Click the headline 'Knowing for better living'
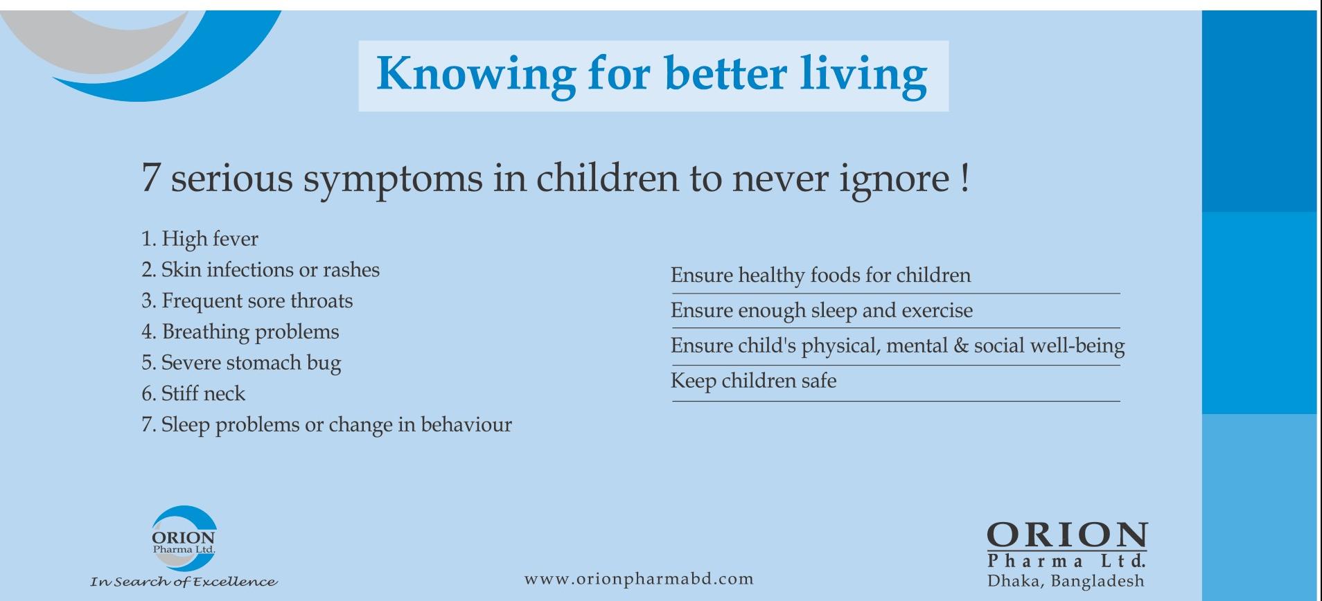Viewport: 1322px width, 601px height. click(x=651, y=75)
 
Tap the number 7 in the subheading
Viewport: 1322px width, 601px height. click(x=150, y=178)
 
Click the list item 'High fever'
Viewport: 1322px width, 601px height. click(x=209, y=239)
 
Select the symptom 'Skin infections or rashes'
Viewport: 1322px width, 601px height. click(x=270, y=269)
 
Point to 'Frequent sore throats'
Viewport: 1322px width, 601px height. click(x=257, y=300)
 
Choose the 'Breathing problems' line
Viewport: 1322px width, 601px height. click(x=250, y=332)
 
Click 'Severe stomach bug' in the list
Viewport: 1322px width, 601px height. click(x=251, y=363)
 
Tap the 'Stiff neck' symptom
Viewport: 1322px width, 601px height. click(x=203, y=393)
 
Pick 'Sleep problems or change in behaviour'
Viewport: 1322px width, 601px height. click(x=336, y=424)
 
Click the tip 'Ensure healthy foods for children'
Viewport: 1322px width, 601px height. click(x=820, y=276)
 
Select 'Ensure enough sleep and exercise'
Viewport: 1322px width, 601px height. click(x=822, y=311)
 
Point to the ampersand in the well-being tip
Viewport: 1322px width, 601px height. click(x=960, y=346)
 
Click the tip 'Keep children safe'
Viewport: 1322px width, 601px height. click(x=753, y=381)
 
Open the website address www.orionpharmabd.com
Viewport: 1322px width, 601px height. click(x=639, y=579)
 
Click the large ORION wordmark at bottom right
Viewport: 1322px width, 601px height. click(x=1067, y=535)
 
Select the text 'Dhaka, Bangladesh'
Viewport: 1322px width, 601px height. click(x=1066, y=581)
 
